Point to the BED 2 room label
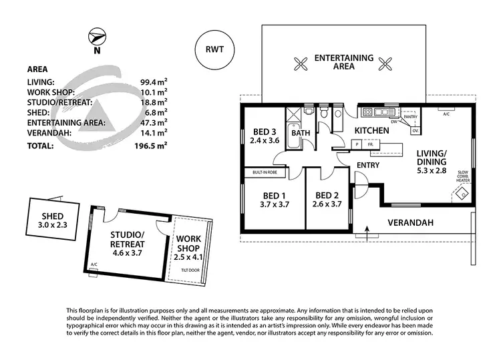point(327,200)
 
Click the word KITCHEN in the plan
point(372,130)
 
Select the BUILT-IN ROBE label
point(265,172)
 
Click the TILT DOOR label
point(190,270)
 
